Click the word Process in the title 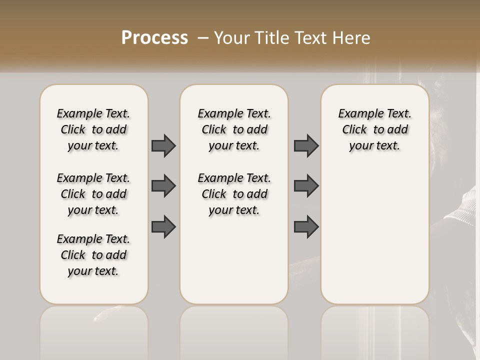(x=154, y=38)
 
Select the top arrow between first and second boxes (x=163, y=145)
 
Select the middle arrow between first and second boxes (x=163, y=186)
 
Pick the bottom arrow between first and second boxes (x=163, y=226)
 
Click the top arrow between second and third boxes (x=306, y=145)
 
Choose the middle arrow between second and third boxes (x=306, y=186)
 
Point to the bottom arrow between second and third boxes (x=306, y=226)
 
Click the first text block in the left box (x=93, y=129)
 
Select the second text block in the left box (x=93, y=194)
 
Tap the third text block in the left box (x=93, y=255)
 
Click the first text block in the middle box (x=234, y=129)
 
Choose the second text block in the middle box (x=234, y=194)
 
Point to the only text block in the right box (x=374, y=129)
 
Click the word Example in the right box (x=357, y=114)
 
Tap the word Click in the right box (x=354, y=130)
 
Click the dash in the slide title (x=203, y=38)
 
